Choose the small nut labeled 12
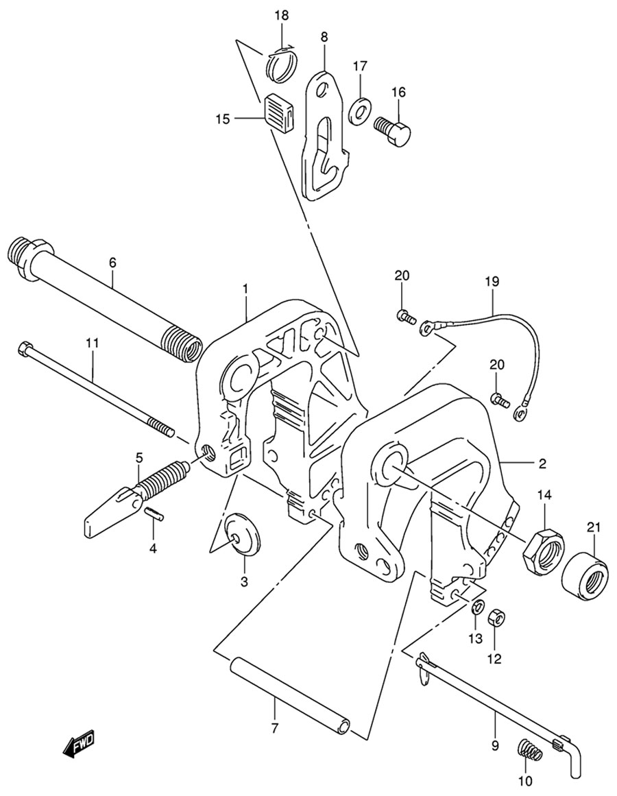[x=496, y=618]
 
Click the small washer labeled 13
[x=479, y=607]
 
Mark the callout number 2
[x=542, y=463]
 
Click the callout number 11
[x=93, y=341]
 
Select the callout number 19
[x=492, y=281]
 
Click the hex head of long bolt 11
[x=25, y=348]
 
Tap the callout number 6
[x=112, y=262]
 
